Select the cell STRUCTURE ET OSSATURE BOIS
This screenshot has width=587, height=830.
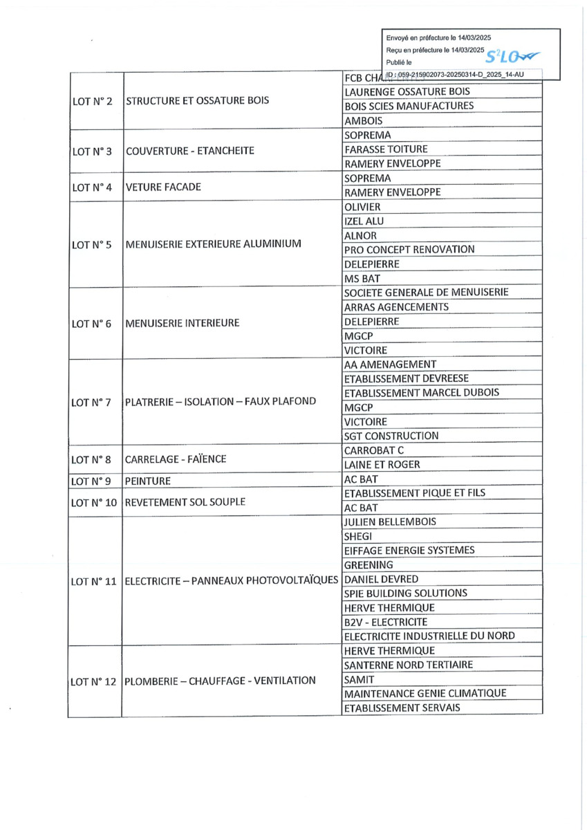197,100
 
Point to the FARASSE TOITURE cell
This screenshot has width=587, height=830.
385,149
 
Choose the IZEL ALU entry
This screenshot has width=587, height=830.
364,221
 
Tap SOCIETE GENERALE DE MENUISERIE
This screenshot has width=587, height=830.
426,293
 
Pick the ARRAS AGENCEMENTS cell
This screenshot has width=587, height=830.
395,307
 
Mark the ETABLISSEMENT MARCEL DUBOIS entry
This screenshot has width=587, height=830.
421,393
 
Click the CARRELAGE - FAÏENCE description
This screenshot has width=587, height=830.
176,458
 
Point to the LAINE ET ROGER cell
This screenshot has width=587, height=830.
382,465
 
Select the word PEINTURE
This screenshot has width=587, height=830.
148,480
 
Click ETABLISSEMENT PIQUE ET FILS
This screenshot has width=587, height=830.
414,493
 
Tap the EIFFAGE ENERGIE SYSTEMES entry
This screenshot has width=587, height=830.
409,551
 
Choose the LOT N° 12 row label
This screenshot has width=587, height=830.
94,681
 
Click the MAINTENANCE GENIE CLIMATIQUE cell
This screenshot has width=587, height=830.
425,693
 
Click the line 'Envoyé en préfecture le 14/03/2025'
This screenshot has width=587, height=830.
439,38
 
